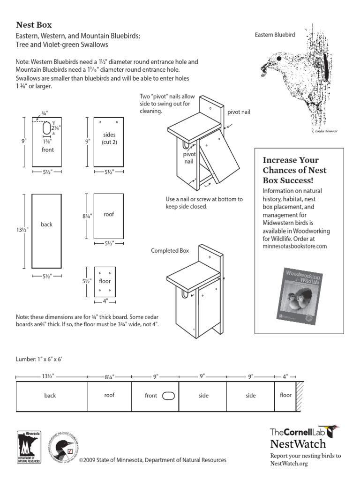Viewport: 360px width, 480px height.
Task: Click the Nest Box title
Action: point(34,24)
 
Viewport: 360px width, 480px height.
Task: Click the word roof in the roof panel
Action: point(109,214)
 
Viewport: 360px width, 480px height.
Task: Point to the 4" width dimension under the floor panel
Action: point(105,300)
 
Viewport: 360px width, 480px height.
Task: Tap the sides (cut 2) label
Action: point(109,138)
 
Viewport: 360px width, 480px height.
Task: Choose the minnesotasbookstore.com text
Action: point(294,246)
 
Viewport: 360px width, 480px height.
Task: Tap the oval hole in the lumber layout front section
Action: point(168,396)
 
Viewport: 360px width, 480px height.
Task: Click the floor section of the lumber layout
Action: point(285,395)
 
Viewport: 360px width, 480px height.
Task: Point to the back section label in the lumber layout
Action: point(50,396)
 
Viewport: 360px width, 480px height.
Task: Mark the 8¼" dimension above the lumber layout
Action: point(110,376)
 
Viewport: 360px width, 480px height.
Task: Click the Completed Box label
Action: point(170,251)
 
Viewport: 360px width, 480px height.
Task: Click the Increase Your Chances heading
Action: point(294,170)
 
